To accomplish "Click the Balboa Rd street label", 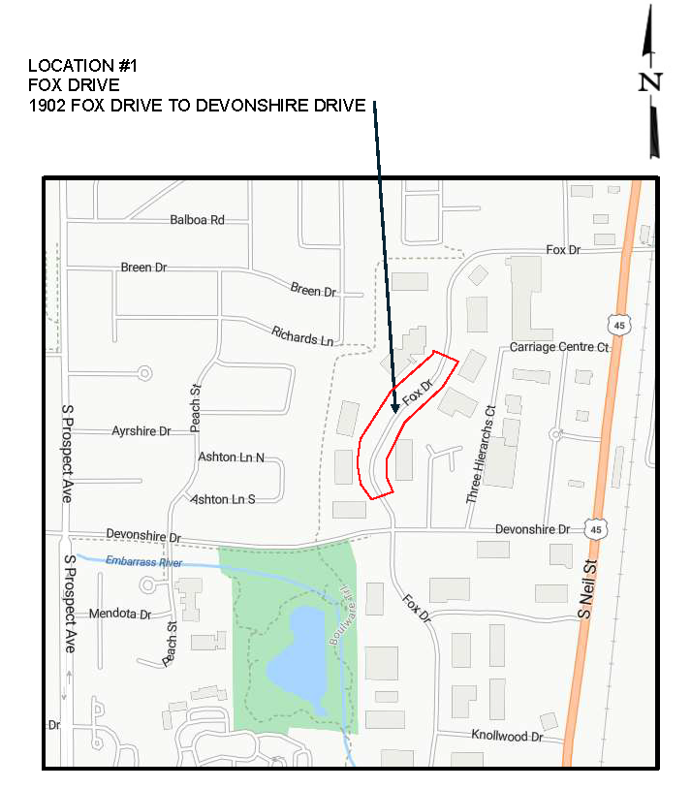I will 197,220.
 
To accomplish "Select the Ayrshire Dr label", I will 141,430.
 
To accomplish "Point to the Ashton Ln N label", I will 231,457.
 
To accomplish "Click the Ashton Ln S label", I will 223,499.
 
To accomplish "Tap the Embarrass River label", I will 143,562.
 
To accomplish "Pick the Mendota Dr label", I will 120,614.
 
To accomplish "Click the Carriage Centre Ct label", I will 559,347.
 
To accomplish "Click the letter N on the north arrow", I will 650,82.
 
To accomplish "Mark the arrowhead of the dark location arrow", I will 395,410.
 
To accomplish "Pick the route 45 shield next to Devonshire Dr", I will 597,529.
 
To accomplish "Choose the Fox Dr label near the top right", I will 562,250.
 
